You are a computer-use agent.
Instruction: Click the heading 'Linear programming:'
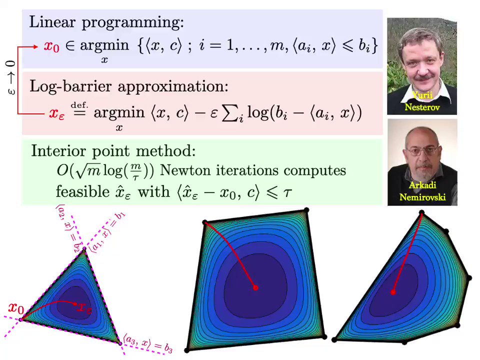(106, 22)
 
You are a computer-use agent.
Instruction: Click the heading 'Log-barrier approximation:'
(129, 86)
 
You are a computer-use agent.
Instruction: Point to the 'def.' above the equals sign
(79, 104)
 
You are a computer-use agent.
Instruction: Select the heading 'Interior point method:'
(113, 151)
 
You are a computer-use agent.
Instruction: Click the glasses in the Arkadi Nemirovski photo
(422, 149)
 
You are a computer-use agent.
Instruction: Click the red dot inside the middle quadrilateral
(255, 288)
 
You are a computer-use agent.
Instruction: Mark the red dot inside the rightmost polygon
(393, 292)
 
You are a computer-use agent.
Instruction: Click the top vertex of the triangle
(84, 249)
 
